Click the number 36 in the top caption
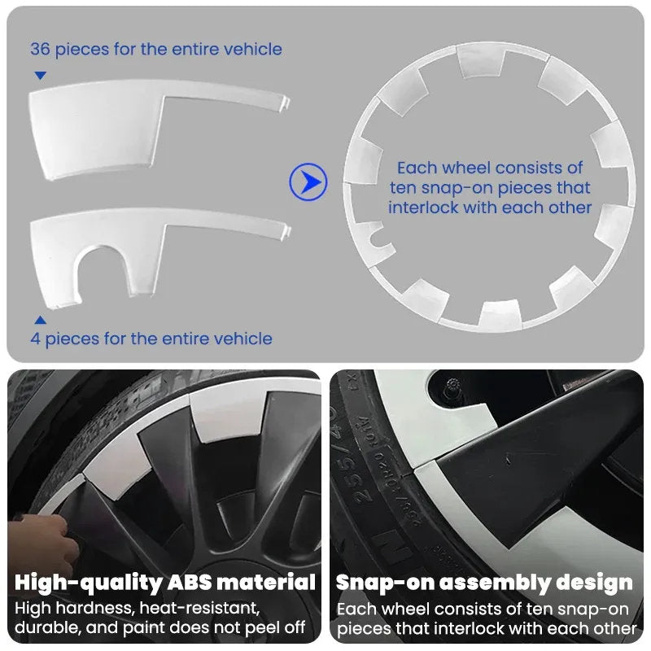[x=40, y=49]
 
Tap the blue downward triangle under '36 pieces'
[x=40, y=76]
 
